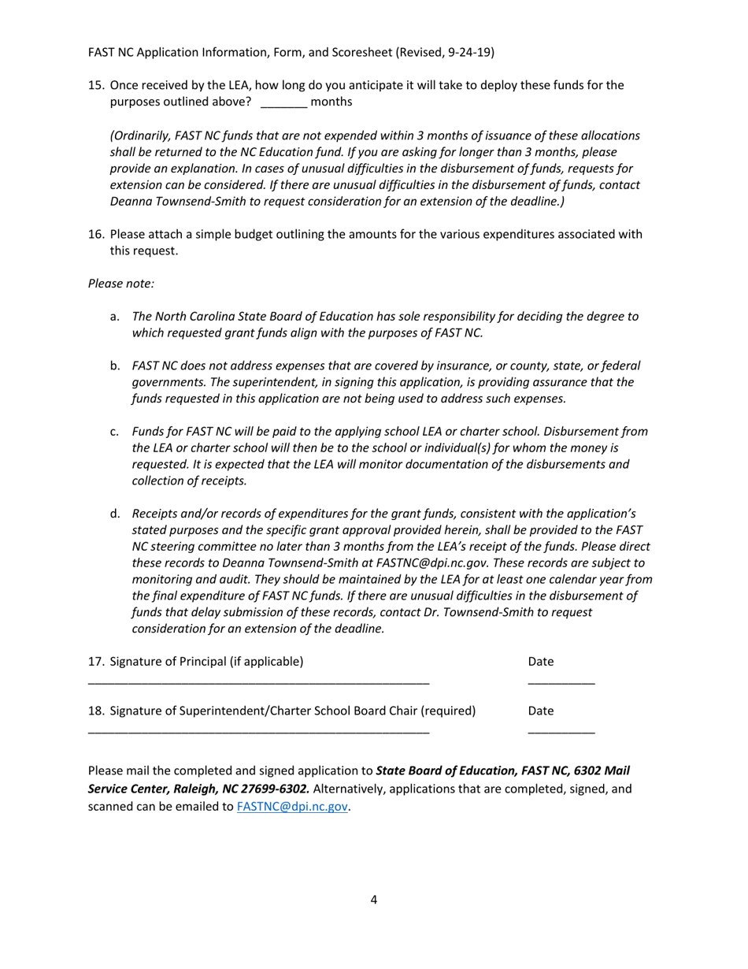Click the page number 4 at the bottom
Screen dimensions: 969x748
(x=373, y=900)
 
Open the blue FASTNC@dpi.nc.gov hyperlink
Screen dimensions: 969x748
(x=292, y=807)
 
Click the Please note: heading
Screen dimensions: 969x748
(x=121, y=284)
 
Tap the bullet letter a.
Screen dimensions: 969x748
(x=115, y=317)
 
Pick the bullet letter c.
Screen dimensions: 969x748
(x=115, y=432)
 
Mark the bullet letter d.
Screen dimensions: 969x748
(x=115, y=514)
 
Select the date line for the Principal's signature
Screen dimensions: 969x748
(x=561, y=682)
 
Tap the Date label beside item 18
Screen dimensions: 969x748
(x=541, y=711)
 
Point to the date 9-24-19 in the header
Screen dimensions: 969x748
(x=467, y=52)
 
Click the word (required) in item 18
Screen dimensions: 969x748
(x=448, y=711)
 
